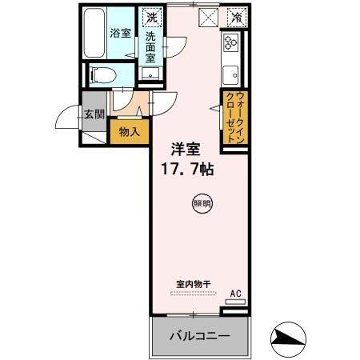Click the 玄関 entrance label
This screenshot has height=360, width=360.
[94, 114]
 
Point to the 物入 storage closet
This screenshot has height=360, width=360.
[128, 131]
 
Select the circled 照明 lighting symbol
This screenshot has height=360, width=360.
[202, 204]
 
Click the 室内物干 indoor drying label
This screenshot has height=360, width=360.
[193, 283]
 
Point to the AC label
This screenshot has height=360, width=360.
[235, 293]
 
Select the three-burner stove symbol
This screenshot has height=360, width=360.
[232, 43]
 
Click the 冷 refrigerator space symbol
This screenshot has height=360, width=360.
[236, 16]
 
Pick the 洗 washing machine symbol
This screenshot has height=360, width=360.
[151, 17]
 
